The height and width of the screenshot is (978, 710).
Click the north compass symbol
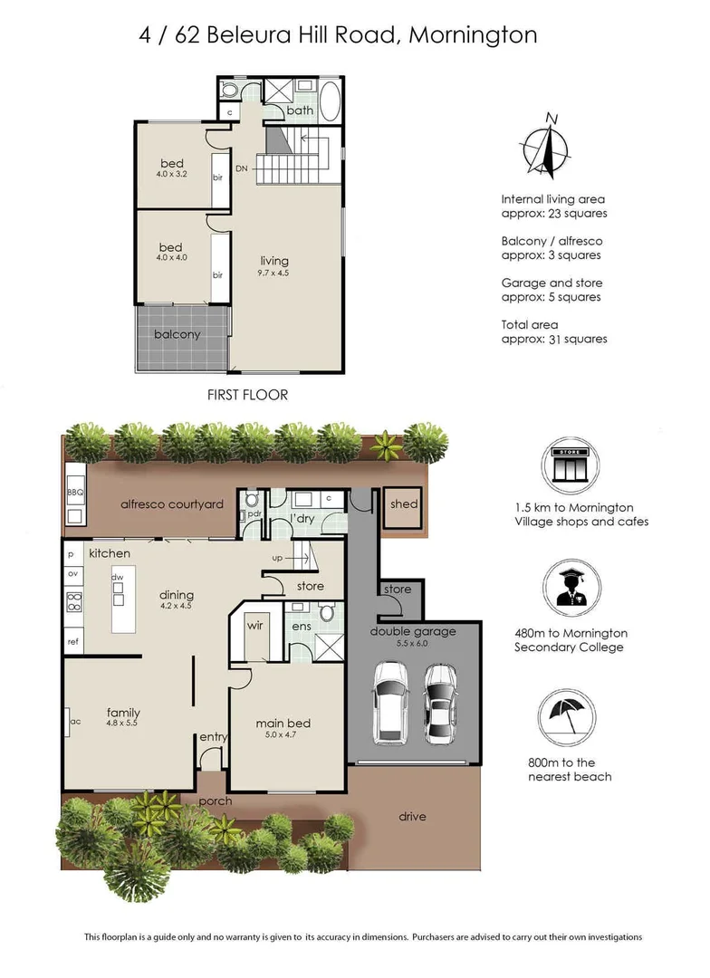tap(546, 147)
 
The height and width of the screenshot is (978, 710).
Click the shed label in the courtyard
tap(398, 503)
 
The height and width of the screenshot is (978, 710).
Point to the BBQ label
tap(74, 493)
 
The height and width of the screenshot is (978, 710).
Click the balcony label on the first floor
tap(177, 334)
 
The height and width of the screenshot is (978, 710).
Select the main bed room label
tap(283, 723)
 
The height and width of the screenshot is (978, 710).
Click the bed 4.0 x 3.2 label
tap(171, 168)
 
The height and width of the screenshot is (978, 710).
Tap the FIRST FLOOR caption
tap(247, 395)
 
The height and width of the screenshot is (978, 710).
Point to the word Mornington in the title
tap(473, 35)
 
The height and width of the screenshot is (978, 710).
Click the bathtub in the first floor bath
tap(330, 101)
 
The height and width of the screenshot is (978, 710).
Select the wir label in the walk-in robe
tap(256, 624)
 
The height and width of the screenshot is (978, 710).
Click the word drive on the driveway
tap(412, 816)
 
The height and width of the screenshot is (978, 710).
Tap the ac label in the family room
tap(75, 721)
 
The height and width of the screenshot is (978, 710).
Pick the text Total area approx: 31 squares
tap(553, 331)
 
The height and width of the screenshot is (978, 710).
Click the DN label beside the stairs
tap(241, 168)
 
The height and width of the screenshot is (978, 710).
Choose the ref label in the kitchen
tap(72, 641)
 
